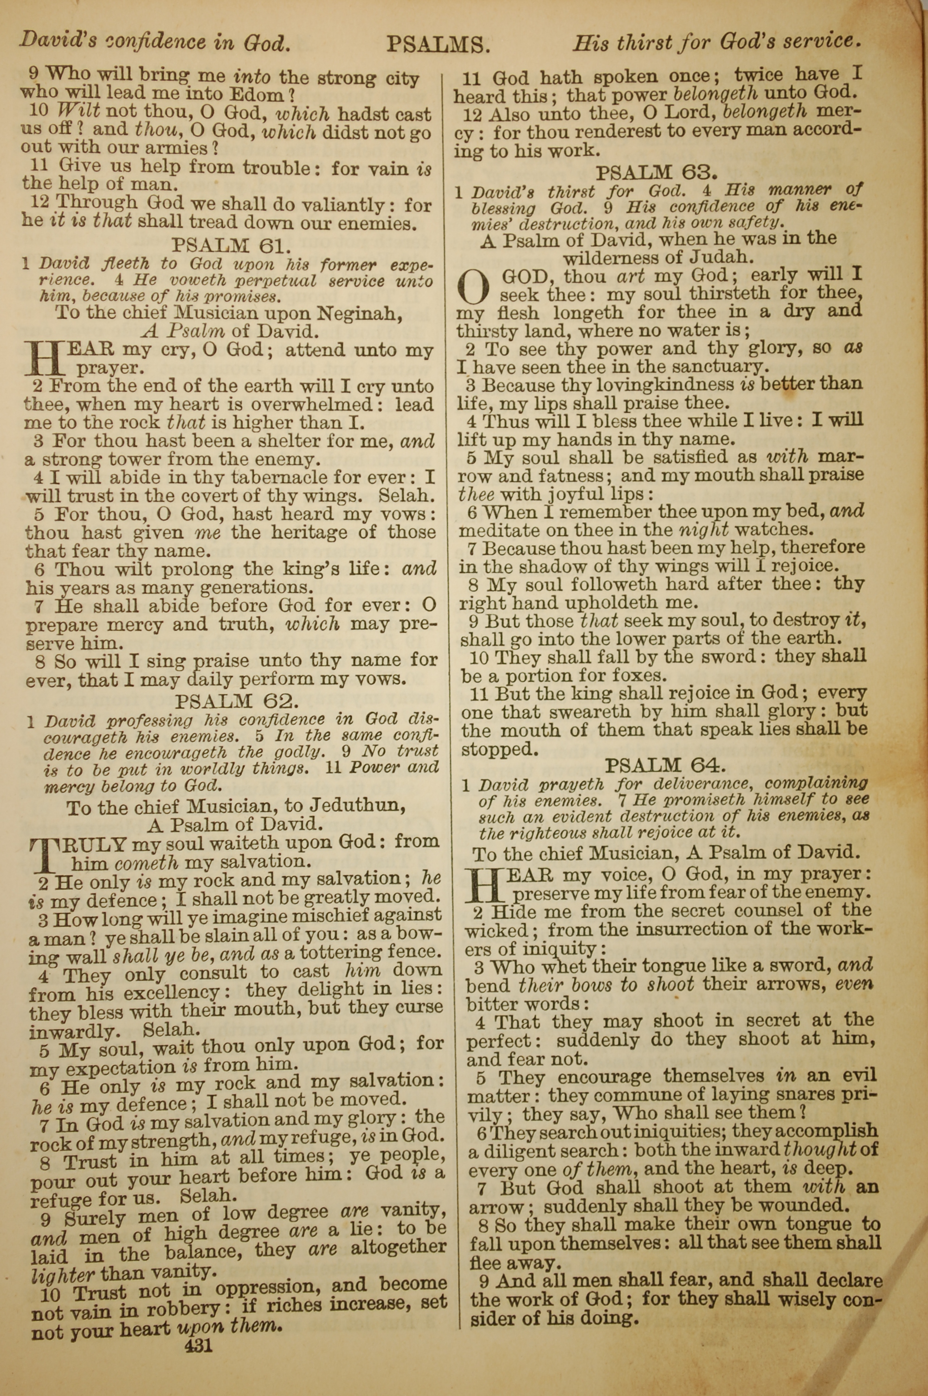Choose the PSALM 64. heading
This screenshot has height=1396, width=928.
coord(664,766)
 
